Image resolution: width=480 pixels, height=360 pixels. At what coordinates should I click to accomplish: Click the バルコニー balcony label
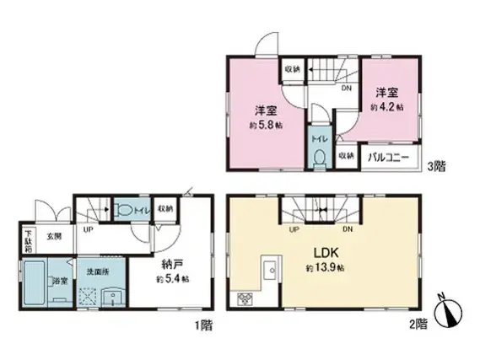388,158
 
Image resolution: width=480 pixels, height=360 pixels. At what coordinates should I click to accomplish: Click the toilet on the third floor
319,158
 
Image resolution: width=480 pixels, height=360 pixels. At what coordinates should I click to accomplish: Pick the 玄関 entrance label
52,236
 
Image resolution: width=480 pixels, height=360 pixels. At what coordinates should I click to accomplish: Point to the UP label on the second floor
294,228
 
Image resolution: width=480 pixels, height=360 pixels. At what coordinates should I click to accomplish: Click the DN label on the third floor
346,87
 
